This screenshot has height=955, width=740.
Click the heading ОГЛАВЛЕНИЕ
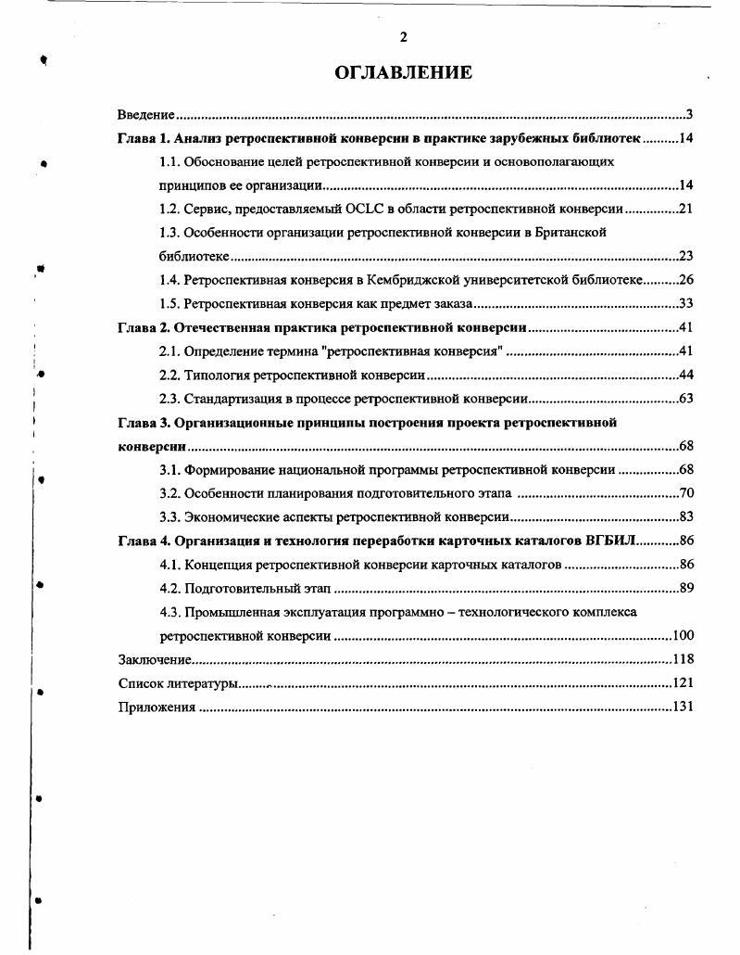coord(403,73)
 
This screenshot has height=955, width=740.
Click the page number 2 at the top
coord(403,37)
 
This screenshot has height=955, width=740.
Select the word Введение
coord(146,115)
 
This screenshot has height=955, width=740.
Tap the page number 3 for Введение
coord(690,115)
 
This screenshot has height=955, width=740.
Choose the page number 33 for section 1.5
coord(686,303)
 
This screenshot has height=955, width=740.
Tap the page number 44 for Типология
coord(686,375)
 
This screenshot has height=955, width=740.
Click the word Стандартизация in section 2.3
coord(228,399)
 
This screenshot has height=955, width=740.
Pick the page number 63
coord(686,399)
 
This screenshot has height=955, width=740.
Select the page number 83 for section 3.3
coord(686,516)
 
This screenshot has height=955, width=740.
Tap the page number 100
coord(683,636)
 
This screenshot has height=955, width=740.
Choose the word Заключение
coord(155,659)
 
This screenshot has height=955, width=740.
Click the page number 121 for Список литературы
coord(683,683)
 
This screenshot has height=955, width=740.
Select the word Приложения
coord(157,707)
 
